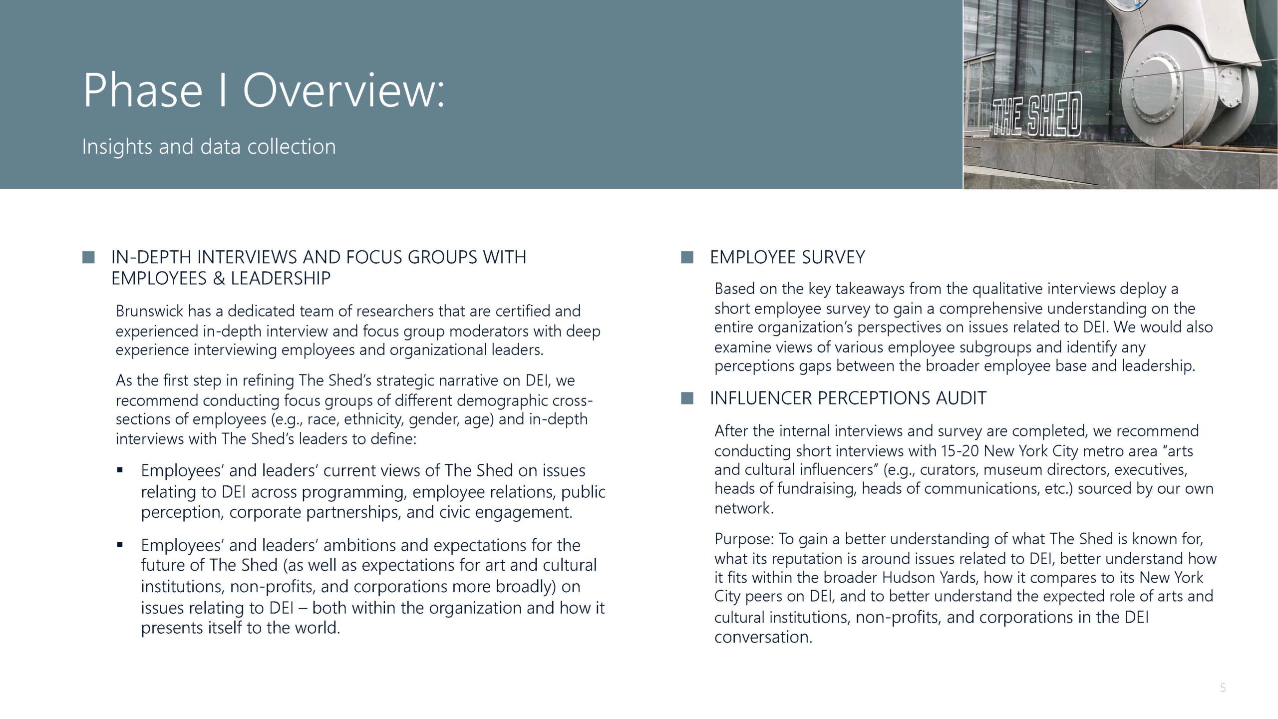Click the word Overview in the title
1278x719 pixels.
point(343,90)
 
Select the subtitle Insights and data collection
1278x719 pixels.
point(209,147)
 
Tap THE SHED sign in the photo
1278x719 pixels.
point(1036,116)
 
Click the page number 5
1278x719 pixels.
point(1223,688)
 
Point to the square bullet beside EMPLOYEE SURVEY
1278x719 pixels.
point(687,257)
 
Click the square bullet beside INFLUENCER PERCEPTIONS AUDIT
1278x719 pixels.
point(687,398)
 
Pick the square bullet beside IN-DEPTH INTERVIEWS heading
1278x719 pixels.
point(88,257)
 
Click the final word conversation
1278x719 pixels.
point(763,637)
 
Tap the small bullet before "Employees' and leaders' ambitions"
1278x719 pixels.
point(120,545)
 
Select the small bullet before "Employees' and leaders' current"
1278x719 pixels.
point(120,470)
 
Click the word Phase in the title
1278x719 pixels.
point(143,90)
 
